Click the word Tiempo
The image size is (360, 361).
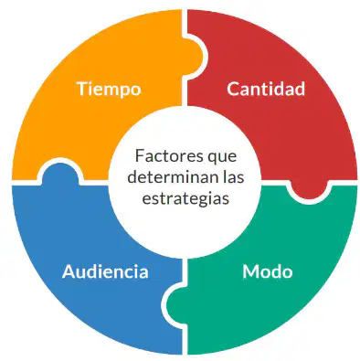tap(109, 90)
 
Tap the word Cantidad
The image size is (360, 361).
tap(266, 89)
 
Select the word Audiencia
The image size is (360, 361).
tap(105, 271)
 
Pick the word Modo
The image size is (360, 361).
tap(268, 271)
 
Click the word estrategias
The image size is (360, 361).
tap(185, 199)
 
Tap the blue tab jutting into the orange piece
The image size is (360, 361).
tap(60, 173)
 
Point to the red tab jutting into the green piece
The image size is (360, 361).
tap(309, 189)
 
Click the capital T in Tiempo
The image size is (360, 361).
tap(83, 89)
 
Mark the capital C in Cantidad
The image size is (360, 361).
tap(233, 89)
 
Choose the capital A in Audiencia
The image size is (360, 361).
tap(69, 271)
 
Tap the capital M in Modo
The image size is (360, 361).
tap(250, 271)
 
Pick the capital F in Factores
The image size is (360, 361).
tap(140, 156)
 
